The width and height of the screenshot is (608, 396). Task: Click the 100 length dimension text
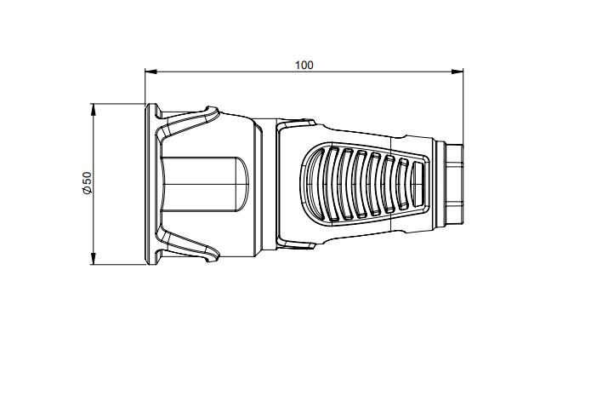tap(304, 66)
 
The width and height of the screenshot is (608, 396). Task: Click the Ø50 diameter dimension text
tap(87, 183)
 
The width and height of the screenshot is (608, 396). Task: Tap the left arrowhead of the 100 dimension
tap(151, 72)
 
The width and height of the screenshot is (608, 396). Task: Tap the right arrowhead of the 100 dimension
tap(457, 72)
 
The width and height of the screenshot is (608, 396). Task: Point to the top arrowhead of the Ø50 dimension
tap(93, 110)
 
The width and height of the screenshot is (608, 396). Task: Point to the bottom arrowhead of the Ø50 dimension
tap(93, 259)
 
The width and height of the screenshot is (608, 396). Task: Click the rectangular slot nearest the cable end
tap(418, 185)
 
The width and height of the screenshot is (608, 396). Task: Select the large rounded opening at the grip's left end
tap(315, 183)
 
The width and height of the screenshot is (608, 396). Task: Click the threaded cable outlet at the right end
tap(454, 184)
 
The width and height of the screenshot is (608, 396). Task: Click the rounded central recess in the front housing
tap(205, 184)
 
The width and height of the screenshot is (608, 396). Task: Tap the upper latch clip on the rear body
tap(296, 124)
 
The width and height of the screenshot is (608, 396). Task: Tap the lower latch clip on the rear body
tap(296, 244)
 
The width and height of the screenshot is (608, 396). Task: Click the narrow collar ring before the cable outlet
tap(440, 184)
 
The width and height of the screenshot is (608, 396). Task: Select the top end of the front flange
tap(151, 106)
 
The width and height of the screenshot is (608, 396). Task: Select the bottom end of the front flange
tap(151, 262)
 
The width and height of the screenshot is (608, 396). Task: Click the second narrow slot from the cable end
tap(403, 185)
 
